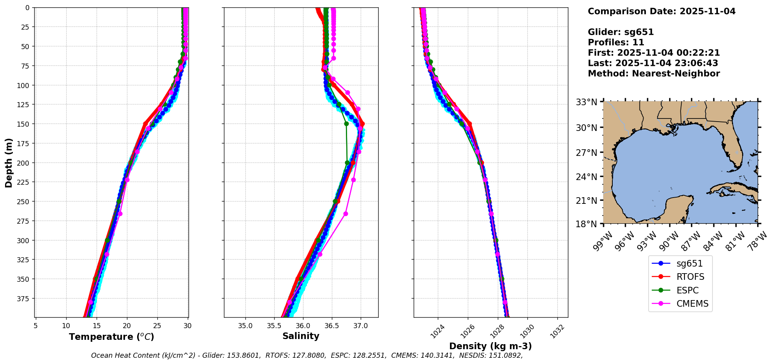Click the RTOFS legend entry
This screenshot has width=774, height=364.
click(x=690, y=277)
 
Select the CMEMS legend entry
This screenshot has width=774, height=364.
click(x=692, y=304)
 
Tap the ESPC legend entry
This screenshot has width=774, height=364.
click(x=687, y=291)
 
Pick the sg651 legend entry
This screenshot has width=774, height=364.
click(x=689, y=264)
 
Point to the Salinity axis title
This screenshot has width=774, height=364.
click(x=301, y=336)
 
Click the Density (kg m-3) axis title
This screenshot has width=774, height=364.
click(x=490, y=346)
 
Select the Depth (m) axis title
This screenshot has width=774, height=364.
click(x=9, y=163)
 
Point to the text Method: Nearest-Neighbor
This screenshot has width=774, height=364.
click(x=654, y=74)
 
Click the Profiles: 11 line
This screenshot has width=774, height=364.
click(x=616, y=42)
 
